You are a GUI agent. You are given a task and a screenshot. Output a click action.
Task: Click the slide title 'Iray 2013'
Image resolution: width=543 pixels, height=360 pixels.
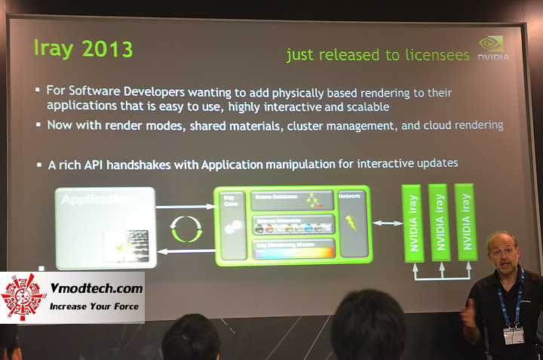click(x=84, y=48)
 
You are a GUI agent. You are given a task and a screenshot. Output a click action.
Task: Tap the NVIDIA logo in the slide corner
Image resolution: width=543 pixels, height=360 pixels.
click(x=494, y=48)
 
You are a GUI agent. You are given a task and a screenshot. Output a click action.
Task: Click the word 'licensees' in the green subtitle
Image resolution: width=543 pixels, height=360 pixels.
click(x=433, y=55)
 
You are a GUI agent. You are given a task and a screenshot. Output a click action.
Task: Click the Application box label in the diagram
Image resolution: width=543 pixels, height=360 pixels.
click(x=97, y=200)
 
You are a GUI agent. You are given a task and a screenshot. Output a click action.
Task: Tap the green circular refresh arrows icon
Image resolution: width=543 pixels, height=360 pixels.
click(x=185, y=227)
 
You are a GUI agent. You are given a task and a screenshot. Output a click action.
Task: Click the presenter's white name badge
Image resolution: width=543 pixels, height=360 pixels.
click(x=514, y=334)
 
